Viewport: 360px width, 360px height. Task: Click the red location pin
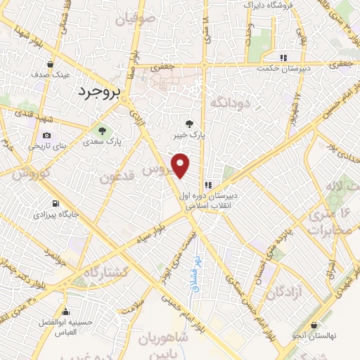click(181, 165)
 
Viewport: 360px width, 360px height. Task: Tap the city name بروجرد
click(99, 91)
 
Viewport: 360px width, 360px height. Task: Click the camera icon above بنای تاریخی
click(46, 135)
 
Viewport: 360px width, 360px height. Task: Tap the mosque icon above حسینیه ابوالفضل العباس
click(65, 313)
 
